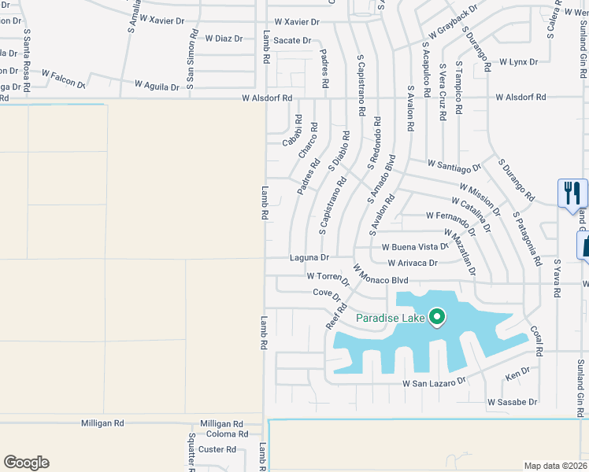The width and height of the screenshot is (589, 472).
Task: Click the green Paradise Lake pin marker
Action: (x=436, y=318)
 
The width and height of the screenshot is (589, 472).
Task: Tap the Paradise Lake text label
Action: (x=390, y=319)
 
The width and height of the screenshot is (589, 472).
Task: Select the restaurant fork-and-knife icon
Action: (x=572, y=193)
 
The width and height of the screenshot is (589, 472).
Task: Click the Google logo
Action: (x=26, y=463)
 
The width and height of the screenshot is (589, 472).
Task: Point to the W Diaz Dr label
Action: (x=223, y=38)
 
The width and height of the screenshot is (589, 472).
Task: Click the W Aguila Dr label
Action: (x=157, y=85)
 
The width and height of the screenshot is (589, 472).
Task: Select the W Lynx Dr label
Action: (x=518, y=61)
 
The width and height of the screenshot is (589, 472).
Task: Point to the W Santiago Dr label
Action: (x=454, y=166)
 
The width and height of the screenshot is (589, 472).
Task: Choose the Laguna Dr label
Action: (x=309, y=257)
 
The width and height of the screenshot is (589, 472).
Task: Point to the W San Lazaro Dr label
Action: (x=434, y=382)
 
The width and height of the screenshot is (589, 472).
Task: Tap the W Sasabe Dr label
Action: (x=512, y=402)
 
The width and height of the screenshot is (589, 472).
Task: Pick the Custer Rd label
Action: (x=217, y=449)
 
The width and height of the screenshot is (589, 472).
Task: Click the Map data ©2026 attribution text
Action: (x=555, y=466)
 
